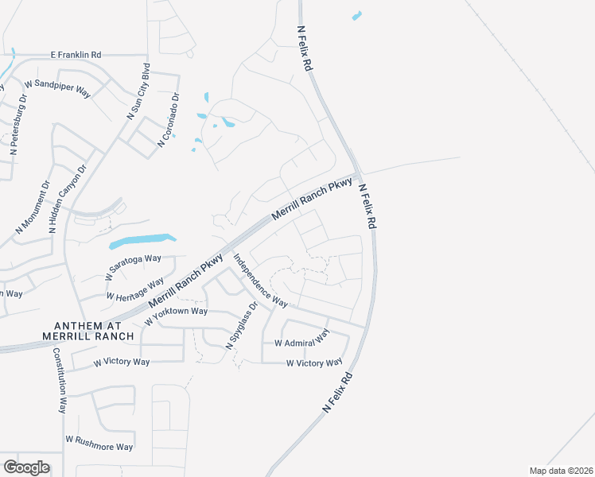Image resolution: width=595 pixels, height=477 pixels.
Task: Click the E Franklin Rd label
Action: point(76,55)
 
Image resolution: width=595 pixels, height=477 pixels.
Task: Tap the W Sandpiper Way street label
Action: point(58,86)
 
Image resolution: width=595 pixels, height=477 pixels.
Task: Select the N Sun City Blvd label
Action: point(138,93)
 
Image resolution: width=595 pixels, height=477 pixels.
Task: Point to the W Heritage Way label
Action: point(134,288)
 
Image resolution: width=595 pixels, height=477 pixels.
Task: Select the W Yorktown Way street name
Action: point(176,316)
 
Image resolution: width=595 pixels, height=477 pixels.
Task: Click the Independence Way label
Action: point(260,280)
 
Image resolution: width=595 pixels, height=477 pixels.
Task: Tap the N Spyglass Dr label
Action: point(243,326)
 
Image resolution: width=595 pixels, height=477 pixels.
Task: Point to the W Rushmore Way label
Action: point(99,442)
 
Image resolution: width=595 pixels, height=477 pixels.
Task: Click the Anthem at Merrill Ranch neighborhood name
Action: point(94,331)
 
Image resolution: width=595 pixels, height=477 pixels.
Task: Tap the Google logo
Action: point(26,467)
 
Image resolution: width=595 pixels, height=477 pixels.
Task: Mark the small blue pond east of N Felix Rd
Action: point(356,15)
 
